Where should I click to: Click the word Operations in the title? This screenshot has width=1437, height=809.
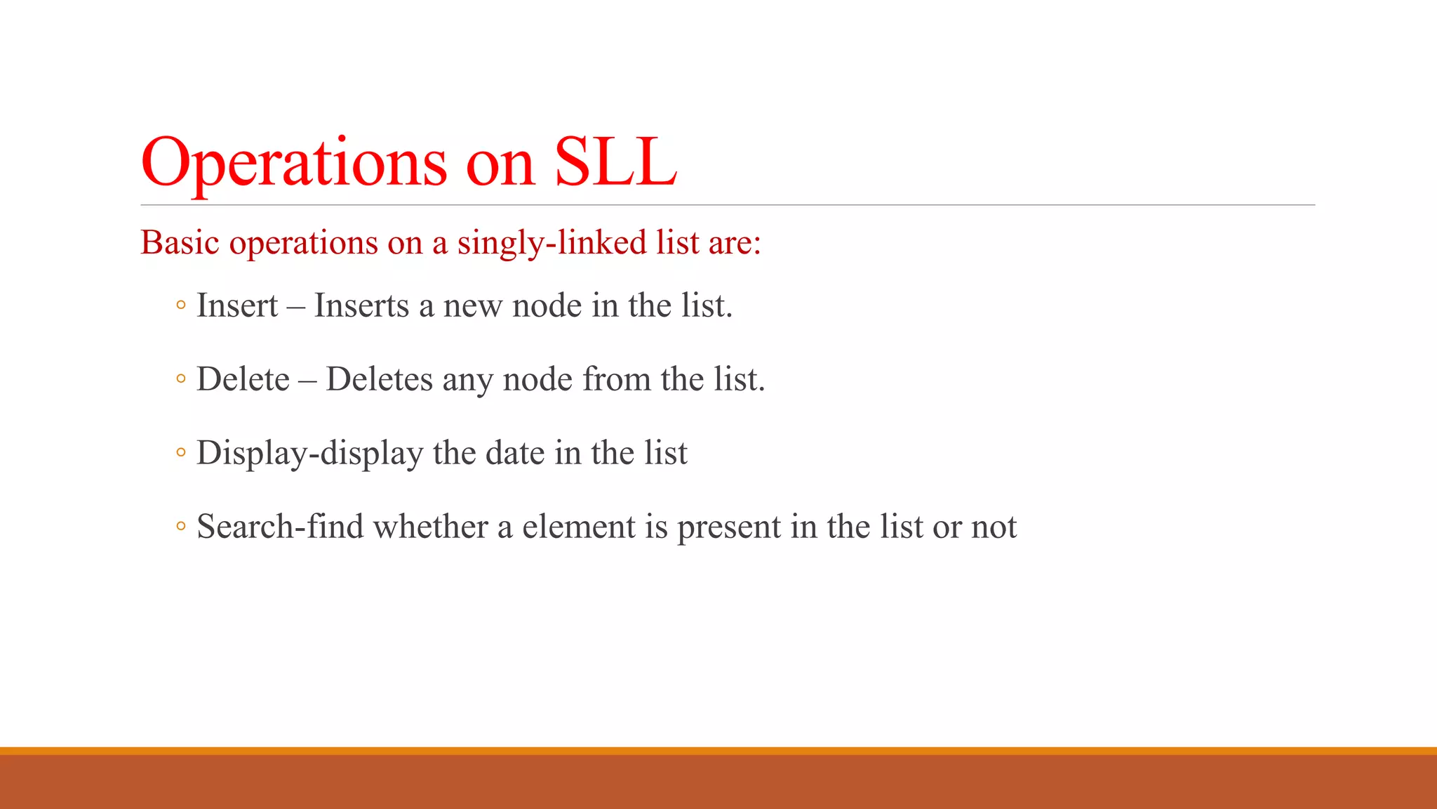point(293,163)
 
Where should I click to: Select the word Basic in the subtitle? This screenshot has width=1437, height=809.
point(180,243)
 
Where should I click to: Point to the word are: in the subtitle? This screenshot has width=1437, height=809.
point(735,243)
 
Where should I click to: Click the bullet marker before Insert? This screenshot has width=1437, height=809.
point(181,305)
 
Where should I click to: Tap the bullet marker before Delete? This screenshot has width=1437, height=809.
point(181,379)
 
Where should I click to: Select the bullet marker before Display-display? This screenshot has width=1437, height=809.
point(181,453)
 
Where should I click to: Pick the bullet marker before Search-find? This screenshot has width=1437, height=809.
point(181,527)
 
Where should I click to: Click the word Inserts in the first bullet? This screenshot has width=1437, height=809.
point(361,306)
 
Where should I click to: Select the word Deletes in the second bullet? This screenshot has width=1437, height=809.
point(379,380)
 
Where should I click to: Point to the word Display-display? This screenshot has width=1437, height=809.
point(309,454)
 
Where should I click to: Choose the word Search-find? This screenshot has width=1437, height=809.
point(280,527)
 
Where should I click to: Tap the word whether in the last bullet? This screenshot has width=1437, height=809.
point(430,527)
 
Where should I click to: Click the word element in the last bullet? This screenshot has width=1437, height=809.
point(578,527)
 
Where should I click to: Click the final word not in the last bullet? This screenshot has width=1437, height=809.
point(994,527)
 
